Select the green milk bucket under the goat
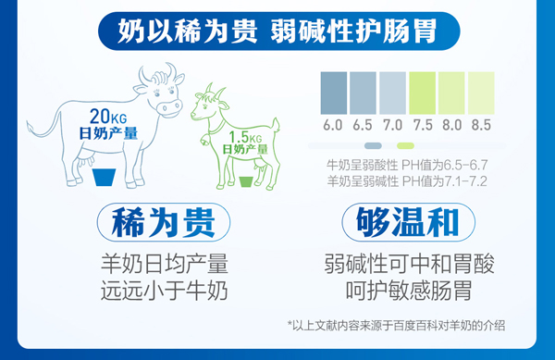point(246,178)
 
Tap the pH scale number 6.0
point(333,123)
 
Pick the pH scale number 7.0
point(393,123)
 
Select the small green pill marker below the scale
point(405,146)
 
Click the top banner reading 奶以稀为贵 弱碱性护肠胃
point(277,34)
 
